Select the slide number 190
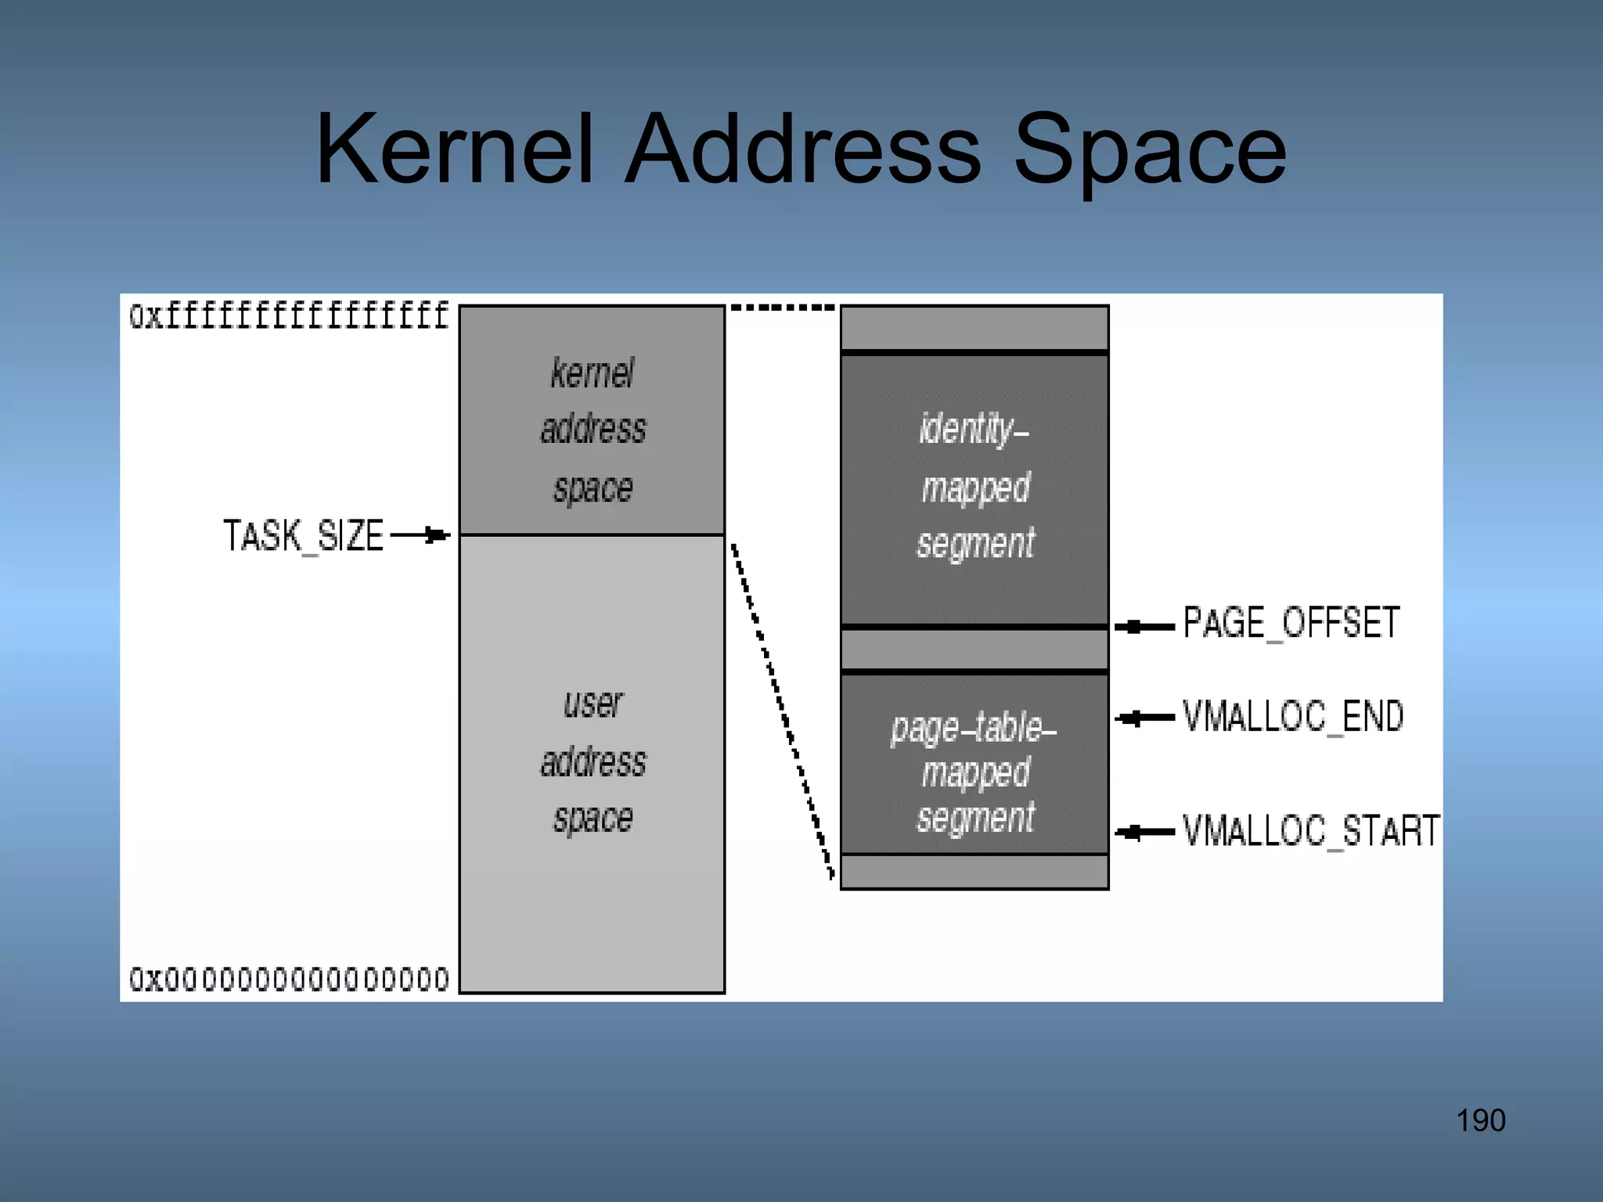click(x=1480, y=1121)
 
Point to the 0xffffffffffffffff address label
click(x=289, y=316)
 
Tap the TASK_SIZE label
click(x=304, y=536)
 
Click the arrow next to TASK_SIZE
click(x=420, y=535)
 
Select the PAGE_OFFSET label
click(x=1291, y=624)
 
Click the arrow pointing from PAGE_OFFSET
click(x=1144, y=627)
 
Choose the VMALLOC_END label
click(x=1293, y=717)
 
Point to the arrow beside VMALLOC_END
click(x=1144, y=718)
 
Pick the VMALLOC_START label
click(x=1311, y=831)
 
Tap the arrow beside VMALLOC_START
click(x=1144, y=832)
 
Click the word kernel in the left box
click(x=593, y=373)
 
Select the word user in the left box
click(x=593, y=704)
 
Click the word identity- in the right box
click(x=974, y=429)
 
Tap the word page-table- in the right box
click(x=974, y=729)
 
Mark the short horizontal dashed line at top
click(x=783, y=308)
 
